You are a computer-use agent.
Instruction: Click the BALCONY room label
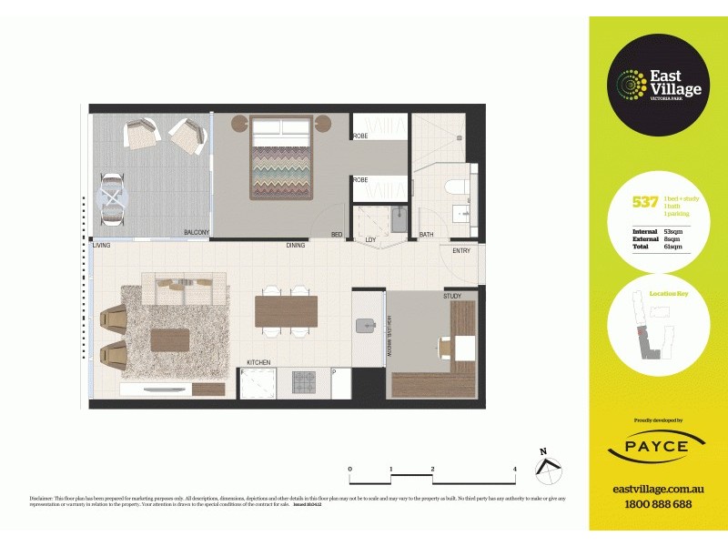197,233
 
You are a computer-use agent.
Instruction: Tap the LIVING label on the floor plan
102,245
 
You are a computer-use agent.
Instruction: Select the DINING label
296,245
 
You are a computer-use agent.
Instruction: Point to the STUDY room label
452,296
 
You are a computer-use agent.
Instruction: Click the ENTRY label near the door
461,250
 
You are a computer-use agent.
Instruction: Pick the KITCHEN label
259,363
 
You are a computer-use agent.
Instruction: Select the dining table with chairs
286,311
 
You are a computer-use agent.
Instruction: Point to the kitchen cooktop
303,382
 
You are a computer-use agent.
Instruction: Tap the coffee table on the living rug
170,339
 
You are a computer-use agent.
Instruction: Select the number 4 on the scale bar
515,470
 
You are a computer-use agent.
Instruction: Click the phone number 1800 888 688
659,504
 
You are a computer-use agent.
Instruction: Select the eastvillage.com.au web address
659,489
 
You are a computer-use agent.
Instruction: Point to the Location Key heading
667,294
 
